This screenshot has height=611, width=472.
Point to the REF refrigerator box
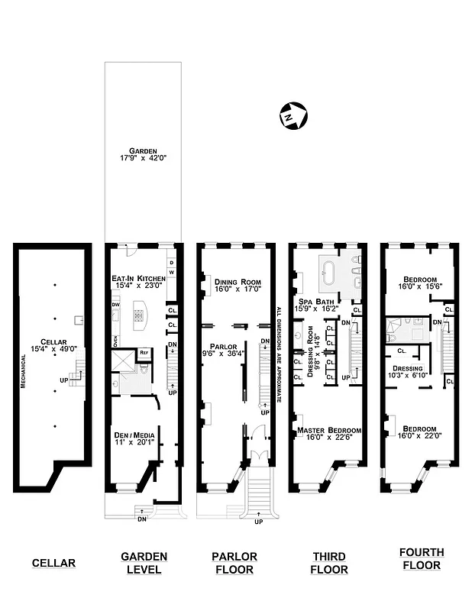coord(144,352)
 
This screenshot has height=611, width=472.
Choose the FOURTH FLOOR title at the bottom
coord(421,558)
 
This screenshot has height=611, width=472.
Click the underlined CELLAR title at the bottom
coord(53,564)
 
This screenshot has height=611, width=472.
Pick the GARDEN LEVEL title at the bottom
coord(144,563)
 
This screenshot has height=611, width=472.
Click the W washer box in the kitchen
coord(171,272)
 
